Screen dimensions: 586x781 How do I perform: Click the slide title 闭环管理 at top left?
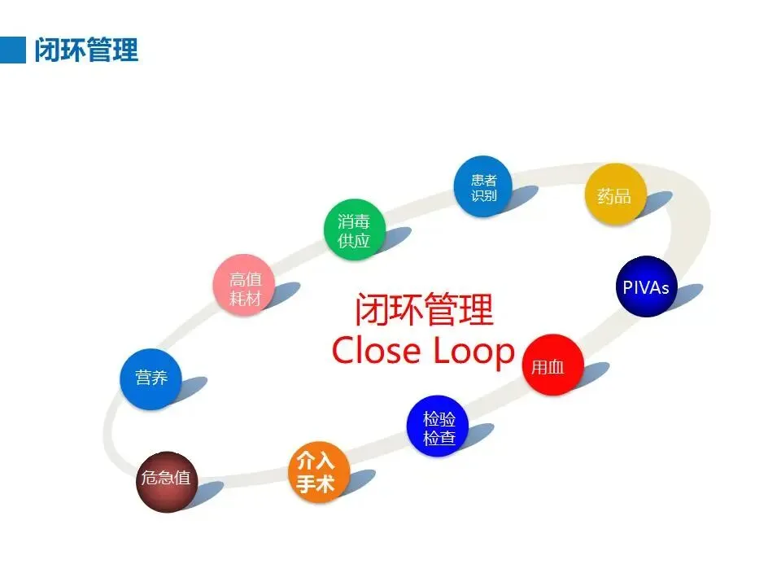click(x=86, y=50)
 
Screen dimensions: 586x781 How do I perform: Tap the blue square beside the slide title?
click(x=13, y=50)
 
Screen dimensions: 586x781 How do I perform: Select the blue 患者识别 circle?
click(x=484, y=186)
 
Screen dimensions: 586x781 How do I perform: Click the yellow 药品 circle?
click(x=615, y=195)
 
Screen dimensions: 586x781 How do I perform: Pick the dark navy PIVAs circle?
click(x=646, y=287)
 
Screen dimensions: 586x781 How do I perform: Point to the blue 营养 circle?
click(x=151, y=378)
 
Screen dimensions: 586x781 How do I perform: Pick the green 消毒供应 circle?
click(x=354, y=230)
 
